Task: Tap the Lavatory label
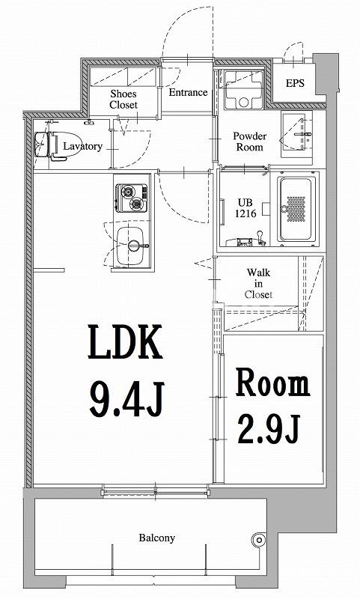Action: point(82,147)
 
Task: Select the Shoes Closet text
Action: point(123,99)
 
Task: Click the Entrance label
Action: point(188,93)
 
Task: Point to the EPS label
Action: point(295,84)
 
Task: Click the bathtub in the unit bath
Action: point(297,210)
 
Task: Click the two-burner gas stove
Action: point(132,198)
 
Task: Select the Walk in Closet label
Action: point(259,284)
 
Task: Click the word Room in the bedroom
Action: point(272,383)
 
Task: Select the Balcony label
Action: point(156,538)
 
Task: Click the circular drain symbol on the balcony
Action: point(260,539)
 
